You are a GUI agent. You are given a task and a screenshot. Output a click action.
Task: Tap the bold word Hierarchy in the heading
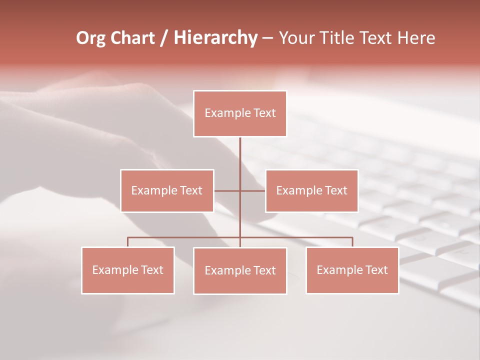[x=215, y=38]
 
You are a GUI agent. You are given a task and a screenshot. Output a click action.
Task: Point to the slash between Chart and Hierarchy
[x=163, y=38]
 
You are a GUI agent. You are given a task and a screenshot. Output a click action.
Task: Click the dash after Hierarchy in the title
[x=267, y=38]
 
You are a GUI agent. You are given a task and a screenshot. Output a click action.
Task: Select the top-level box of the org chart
[x=240, y=113]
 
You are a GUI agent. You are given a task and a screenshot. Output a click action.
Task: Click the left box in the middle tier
[x=167, y=190]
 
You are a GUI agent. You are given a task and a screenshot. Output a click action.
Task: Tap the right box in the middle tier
[x=311, y=190]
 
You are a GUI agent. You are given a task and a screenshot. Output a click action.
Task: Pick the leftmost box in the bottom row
[x=128, y=270]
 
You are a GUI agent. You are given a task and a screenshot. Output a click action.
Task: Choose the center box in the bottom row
[x=240, y=270]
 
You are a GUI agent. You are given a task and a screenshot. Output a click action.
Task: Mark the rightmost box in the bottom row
[x=352, y=270]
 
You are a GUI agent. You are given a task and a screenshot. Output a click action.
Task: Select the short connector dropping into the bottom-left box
[x=128, y=242]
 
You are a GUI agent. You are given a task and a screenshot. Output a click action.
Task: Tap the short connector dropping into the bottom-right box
[x=352, y=242]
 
